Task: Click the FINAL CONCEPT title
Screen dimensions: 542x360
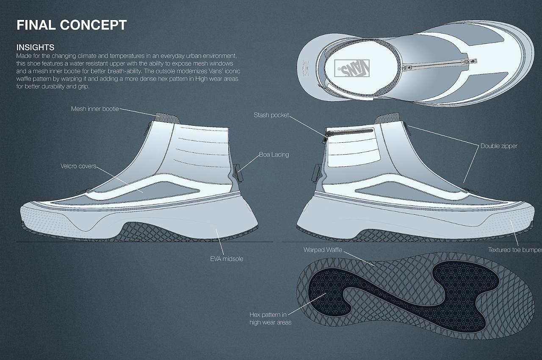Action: coord(71,25)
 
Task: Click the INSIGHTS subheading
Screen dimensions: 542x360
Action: coord(35,47)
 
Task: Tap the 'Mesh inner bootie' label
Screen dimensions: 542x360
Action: coord(95,109)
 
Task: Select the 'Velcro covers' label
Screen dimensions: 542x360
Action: coord(78,166)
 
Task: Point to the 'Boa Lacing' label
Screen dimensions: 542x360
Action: coord(274,155)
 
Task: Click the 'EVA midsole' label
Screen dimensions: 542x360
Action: coord(227,258)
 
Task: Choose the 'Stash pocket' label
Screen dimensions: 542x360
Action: coord(271,115)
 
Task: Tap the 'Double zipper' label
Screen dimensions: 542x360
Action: coord(499,146)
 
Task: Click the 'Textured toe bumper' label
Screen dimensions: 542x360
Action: coord(514,250)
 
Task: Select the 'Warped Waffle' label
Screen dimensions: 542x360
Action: coord(323,250)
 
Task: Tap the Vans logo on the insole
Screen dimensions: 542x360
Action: coord(352,67)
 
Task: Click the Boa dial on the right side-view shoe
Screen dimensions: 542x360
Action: coord(315,171)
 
